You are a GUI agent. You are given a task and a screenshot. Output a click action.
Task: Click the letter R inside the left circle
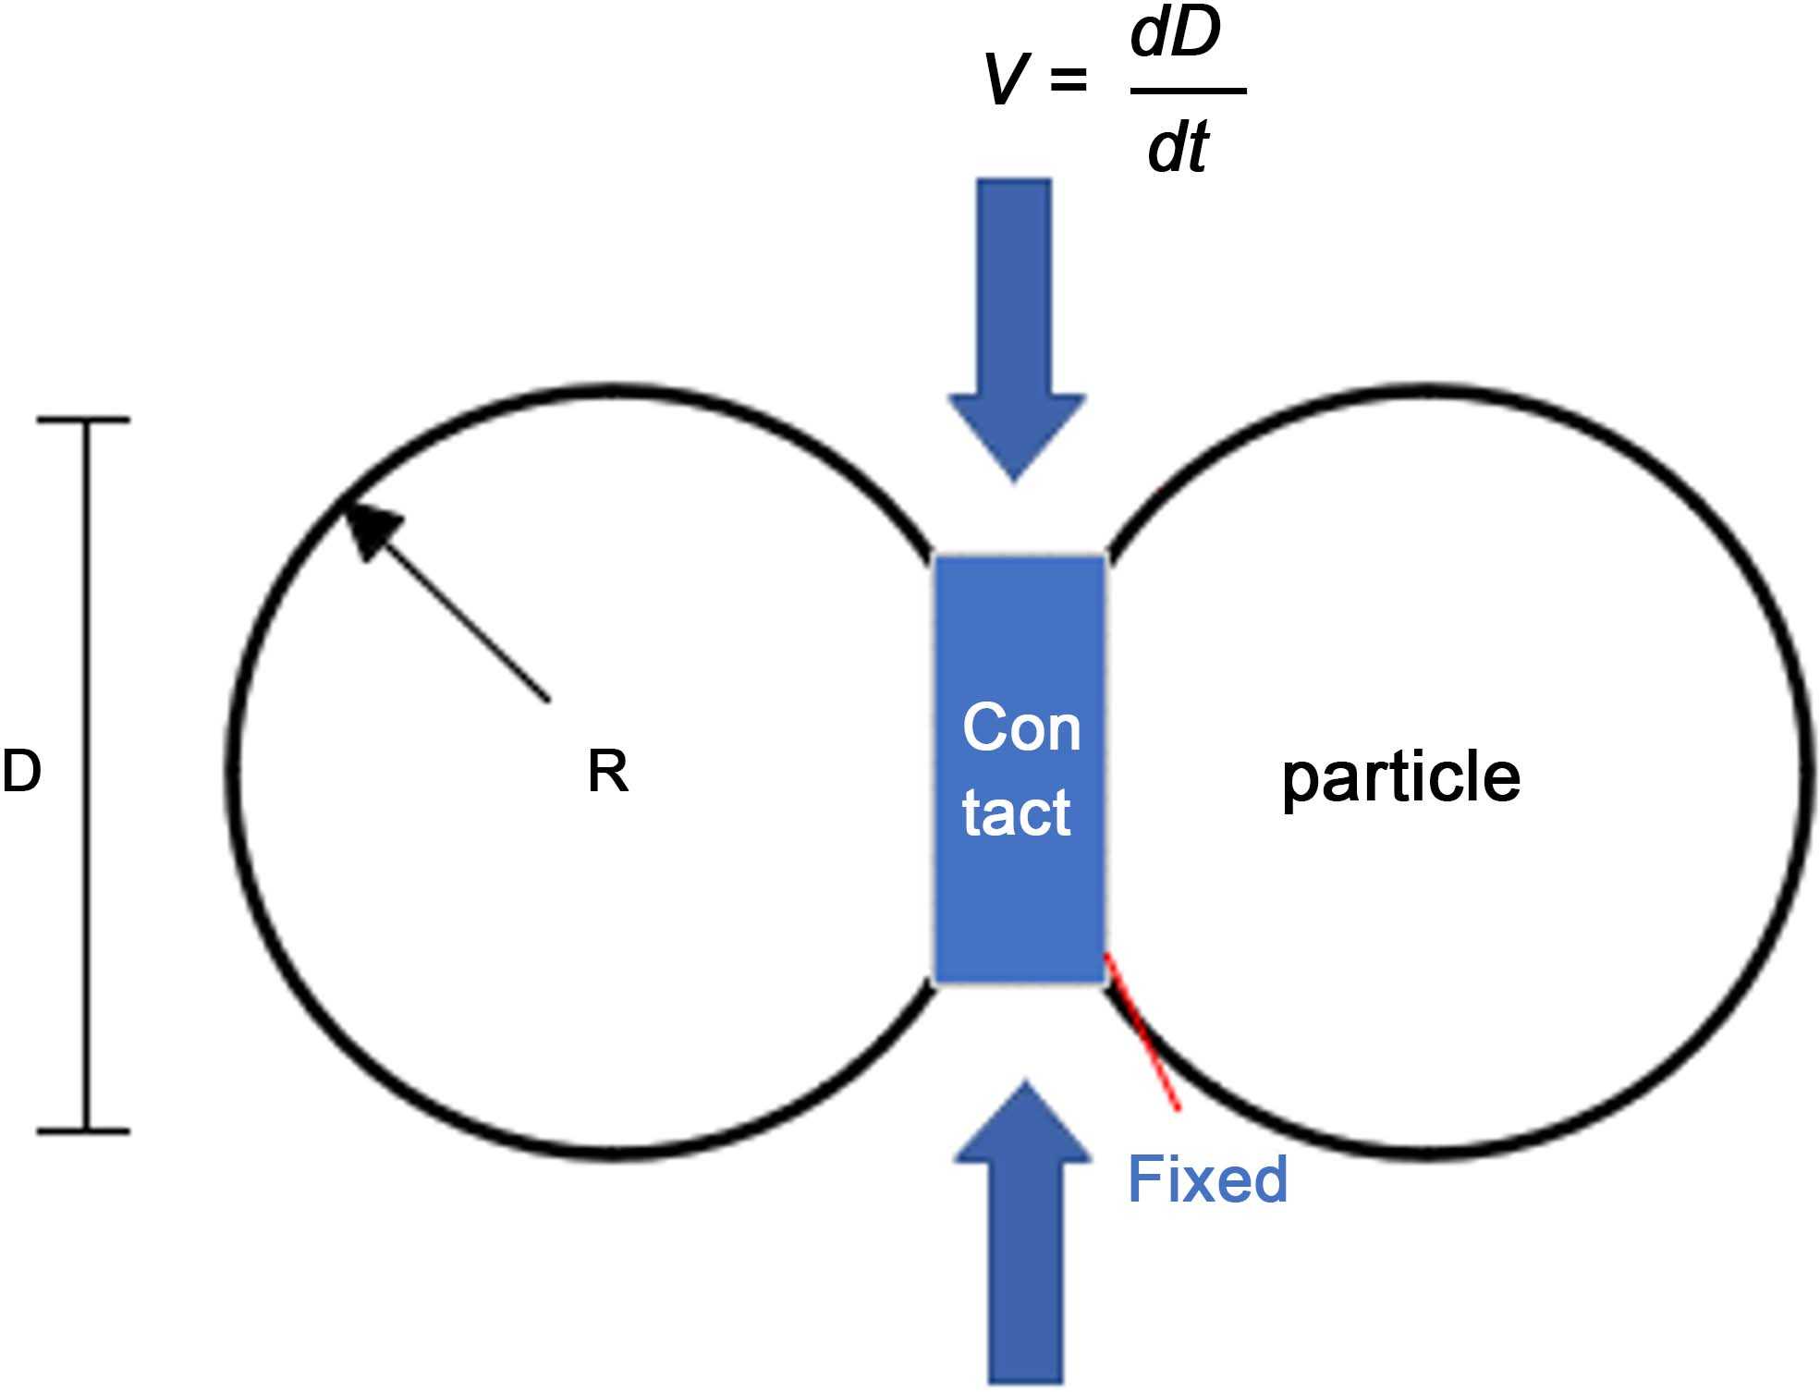(607, 772)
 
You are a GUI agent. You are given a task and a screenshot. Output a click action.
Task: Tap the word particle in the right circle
(1400, 777)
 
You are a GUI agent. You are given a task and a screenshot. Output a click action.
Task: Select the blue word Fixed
(1207, 1178)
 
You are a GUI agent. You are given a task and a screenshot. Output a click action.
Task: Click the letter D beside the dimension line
(21, 772)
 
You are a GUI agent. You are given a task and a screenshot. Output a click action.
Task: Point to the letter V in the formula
(1006, 81)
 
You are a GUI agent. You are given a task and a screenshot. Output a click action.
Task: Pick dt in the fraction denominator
(1177, 148)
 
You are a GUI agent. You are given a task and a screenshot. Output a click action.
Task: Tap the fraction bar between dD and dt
(1188, 91)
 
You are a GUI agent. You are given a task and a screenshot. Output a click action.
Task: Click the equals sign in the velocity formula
(1068, 81)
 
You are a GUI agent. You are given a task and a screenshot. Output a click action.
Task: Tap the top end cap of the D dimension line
(84, 421)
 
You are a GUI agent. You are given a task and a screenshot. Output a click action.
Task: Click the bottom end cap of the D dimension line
(84, 1130)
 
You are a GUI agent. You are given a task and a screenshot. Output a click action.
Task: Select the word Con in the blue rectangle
(1020, 728)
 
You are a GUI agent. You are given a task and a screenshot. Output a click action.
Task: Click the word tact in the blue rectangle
(1016, 813)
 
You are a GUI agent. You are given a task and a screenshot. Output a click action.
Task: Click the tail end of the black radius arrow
(548, 701)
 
